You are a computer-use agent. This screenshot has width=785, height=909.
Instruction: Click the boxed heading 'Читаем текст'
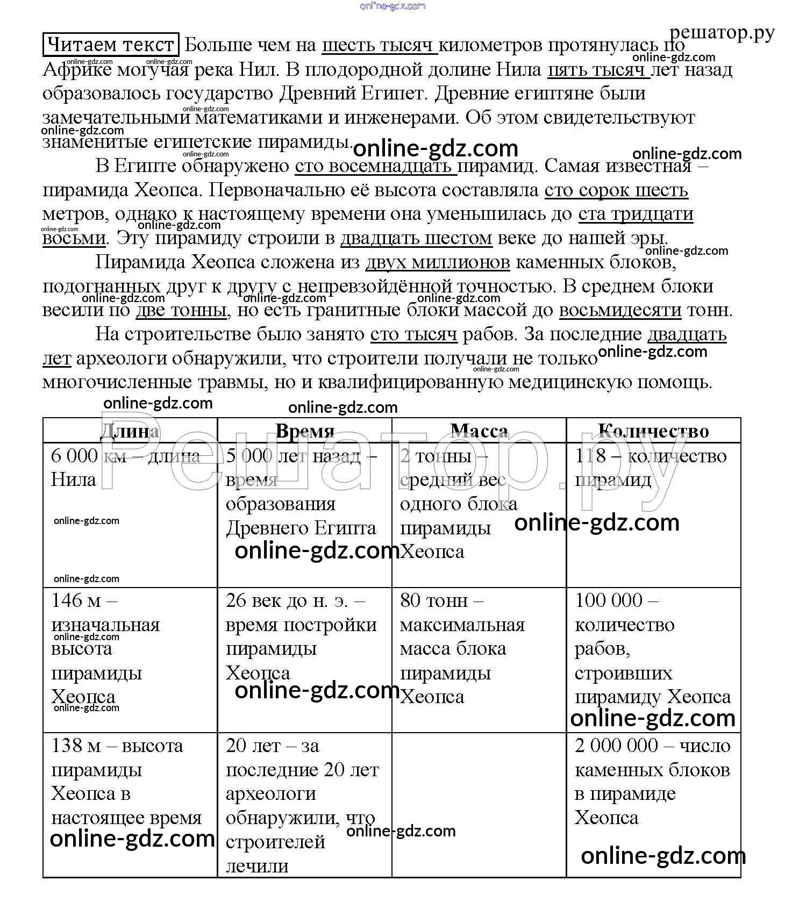[x=111, y=45]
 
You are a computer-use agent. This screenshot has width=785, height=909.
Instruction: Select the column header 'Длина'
[x=130, y=431]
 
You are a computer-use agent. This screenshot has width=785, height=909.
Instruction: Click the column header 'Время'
[x=305, y=431]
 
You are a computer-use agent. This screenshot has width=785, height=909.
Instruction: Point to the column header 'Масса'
[x=479, y=431]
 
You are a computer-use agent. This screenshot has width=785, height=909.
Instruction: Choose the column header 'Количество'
[x=653, y=431]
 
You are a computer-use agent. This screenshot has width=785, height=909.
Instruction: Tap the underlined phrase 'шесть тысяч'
[x=380, y=45]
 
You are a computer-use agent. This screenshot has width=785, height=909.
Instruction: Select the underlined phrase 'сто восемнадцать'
[x=375, y=166]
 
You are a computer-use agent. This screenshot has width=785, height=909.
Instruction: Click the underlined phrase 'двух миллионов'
[x=437, y=262]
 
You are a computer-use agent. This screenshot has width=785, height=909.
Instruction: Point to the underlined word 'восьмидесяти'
[x=620, y=311]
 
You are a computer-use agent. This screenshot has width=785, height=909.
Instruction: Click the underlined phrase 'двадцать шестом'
[x=416, y=238]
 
